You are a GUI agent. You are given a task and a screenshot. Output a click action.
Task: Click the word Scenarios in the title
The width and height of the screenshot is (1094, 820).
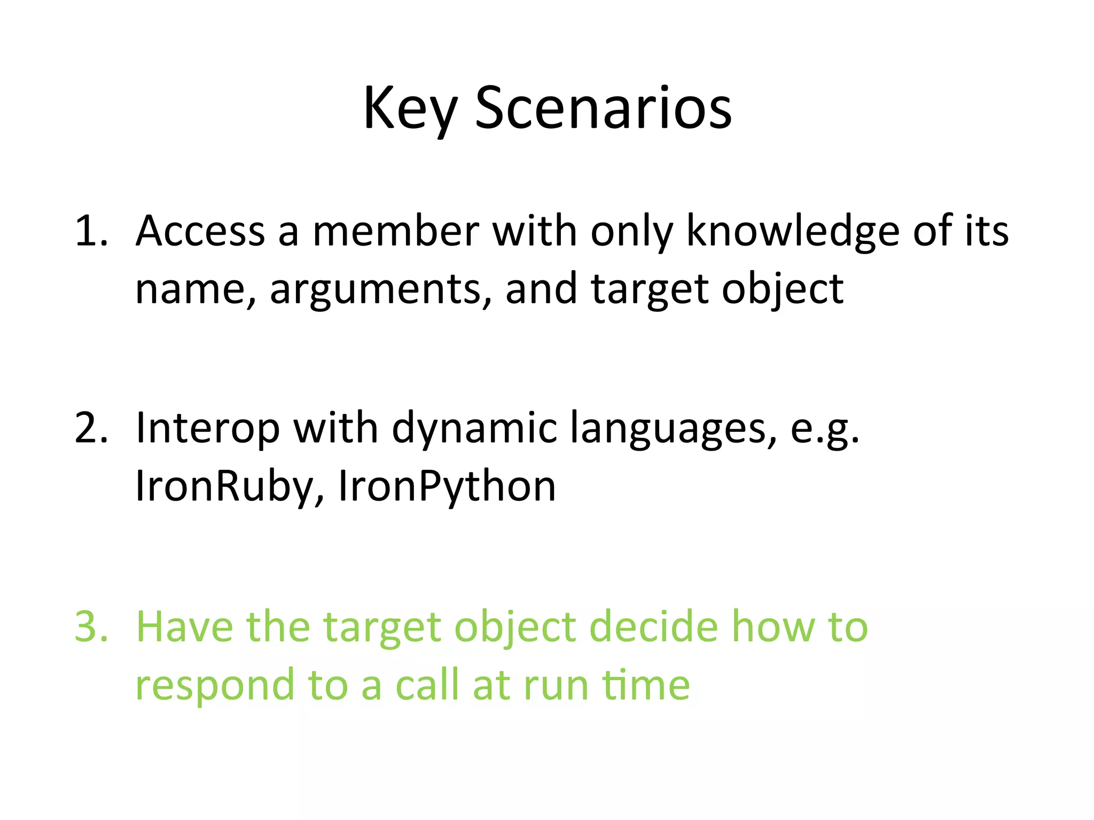(603, 109)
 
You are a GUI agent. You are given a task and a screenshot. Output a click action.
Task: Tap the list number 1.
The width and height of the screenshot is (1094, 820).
(91, 231)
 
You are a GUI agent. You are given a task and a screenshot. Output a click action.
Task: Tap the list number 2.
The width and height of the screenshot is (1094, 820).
(91, 428)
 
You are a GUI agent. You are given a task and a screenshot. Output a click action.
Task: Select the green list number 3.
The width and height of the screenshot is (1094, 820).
(91, 626)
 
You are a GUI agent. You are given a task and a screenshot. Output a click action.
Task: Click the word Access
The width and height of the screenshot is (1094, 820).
(200, 231)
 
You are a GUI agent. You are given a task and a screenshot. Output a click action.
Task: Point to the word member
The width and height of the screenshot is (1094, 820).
(395, 231)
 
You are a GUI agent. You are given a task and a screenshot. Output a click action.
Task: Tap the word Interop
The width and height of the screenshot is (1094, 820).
(208, 428)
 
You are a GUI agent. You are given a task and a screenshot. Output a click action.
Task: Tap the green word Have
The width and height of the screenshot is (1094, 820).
(185, 626)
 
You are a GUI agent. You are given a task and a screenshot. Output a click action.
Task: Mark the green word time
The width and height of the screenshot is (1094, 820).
(646, 685)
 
